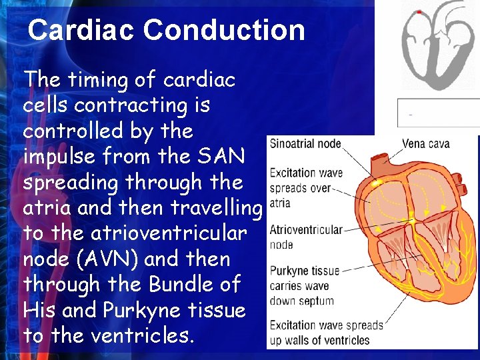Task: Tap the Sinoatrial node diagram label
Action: pyautogui.click(x=305, y=143)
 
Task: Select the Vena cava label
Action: pyautogui.click(x=425, y=143)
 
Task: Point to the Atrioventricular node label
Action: pyautogui.click(x=305, y=230)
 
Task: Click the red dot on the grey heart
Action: pyautogui.click(x=419, y=12)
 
